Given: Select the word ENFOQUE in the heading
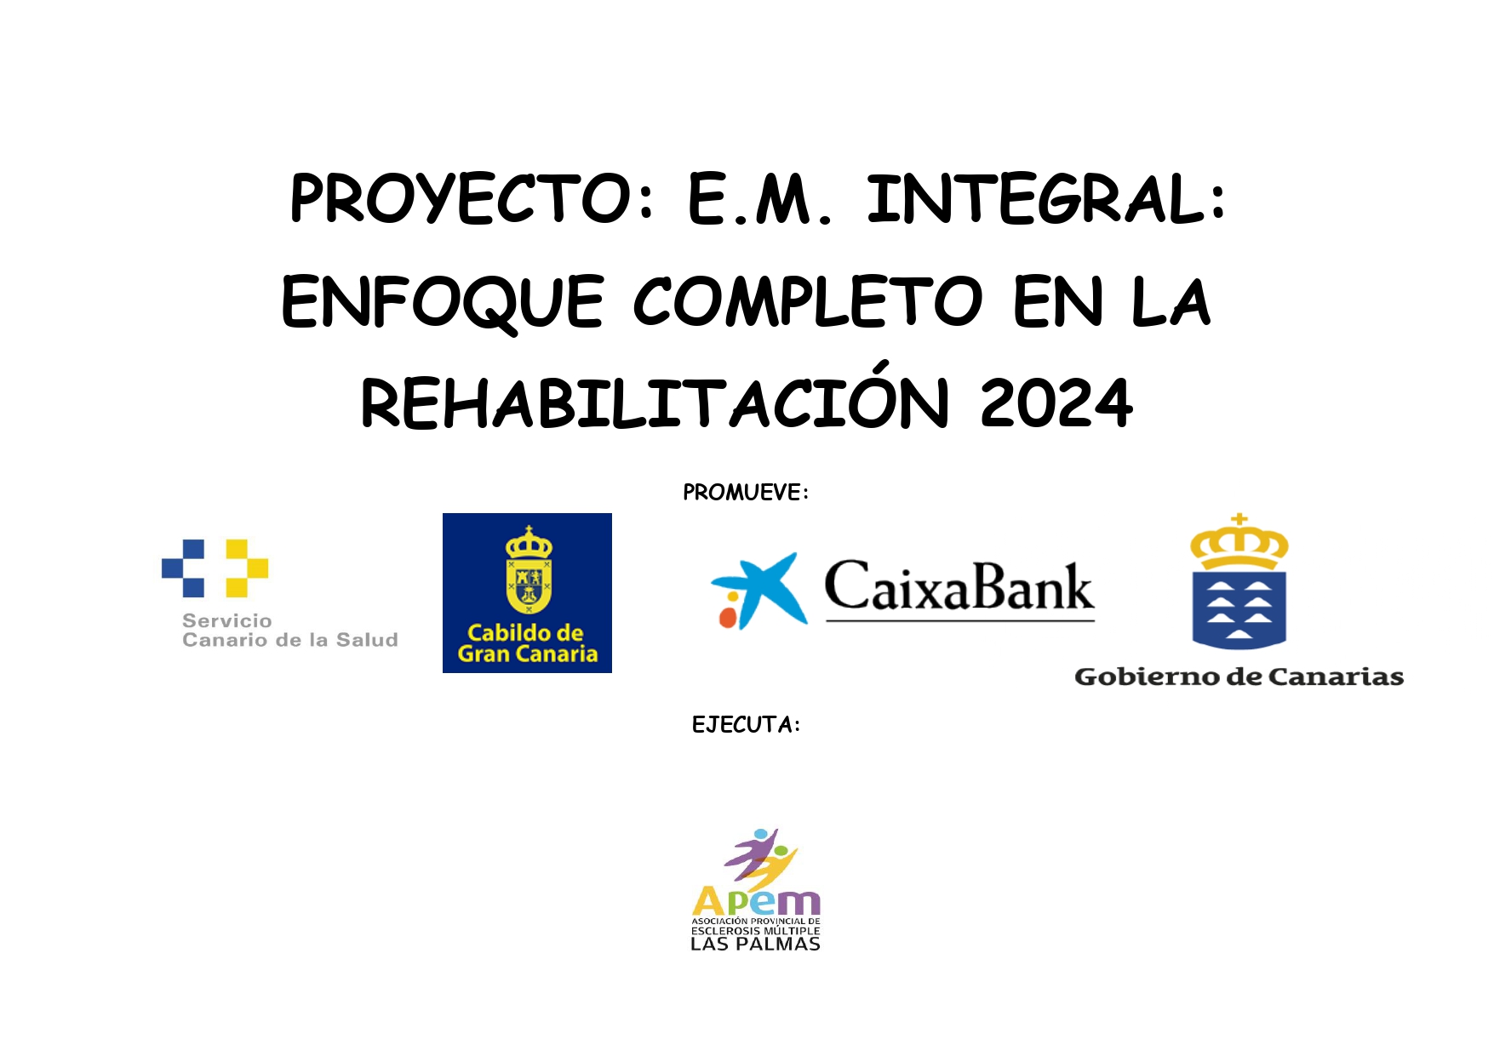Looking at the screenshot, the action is [x=443, y=303].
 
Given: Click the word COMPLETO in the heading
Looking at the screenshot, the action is [x=808, y=301].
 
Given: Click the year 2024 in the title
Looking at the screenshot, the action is [x=1056, y=403].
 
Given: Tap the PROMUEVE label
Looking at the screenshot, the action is [x=746, y=493].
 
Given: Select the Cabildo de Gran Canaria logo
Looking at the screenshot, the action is [x=527, y=593].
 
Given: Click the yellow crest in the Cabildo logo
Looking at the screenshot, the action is [x=529, y=570].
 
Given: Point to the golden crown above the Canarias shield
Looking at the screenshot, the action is [x=1239, y=542].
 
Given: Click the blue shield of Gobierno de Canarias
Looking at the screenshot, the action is [x=1239, y=610].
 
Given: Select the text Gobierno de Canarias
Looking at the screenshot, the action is [x=1239, y=677].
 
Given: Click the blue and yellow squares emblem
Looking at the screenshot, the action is [x=215, y=568].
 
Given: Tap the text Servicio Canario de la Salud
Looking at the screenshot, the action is [x=289, y=631].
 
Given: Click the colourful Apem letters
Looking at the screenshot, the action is [x=756, y=901].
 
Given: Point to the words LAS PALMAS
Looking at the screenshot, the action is [x=755, y=944].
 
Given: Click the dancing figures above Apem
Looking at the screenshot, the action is [x=761, y=856].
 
